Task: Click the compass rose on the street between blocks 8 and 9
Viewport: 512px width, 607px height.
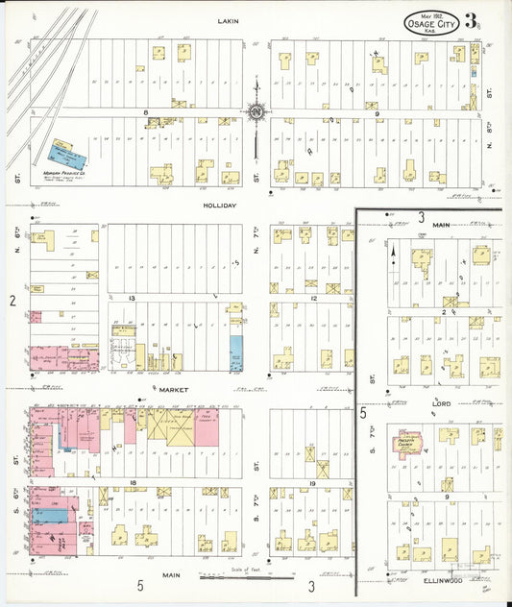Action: (x=256, y=112)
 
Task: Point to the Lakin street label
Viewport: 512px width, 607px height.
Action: (x=228, y=20)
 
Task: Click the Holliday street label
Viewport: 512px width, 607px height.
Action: (x=219, y=206)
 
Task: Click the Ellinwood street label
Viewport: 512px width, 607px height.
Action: (x=443, y=581)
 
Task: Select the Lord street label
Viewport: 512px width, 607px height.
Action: (x=442, y=404)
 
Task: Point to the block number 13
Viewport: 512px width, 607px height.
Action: (x=132, y=299)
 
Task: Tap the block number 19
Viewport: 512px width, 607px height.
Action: (x=312, y=482)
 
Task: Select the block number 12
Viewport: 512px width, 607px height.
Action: (x=313, y=299)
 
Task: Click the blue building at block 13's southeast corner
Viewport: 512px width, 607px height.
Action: (x=235, y=353)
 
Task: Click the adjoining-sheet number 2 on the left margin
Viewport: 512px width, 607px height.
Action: (x=12, y=302)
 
